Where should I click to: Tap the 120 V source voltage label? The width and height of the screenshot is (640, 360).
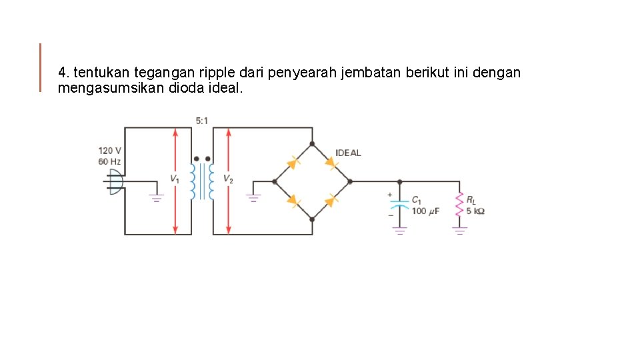coord(110,151)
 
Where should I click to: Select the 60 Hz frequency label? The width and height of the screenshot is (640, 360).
coord(109,162)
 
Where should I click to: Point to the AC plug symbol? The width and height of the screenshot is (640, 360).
coord(114,181)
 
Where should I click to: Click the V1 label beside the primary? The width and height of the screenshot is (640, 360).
coord(174,179)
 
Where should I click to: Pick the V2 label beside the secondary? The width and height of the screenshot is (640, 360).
coord(228,179)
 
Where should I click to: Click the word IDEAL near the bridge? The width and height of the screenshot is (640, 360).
coord(348,153)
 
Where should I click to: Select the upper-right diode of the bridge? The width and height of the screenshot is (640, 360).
coord(331,162)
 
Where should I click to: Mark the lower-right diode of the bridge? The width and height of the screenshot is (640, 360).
coord(331,199)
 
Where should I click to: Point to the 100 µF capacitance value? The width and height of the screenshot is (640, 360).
coord(425,211)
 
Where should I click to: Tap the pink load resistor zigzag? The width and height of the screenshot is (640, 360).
coord(459,205)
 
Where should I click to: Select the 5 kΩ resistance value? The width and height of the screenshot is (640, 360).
coord(475,211)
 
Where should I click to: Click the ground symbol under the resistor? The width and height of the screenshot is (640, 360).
coord(459,231)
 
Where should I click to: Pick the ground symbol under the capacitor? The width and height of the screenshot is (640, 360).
coord(399,231)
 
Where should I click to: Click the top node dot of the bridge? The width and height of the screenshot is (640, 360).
coord(312,143)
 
